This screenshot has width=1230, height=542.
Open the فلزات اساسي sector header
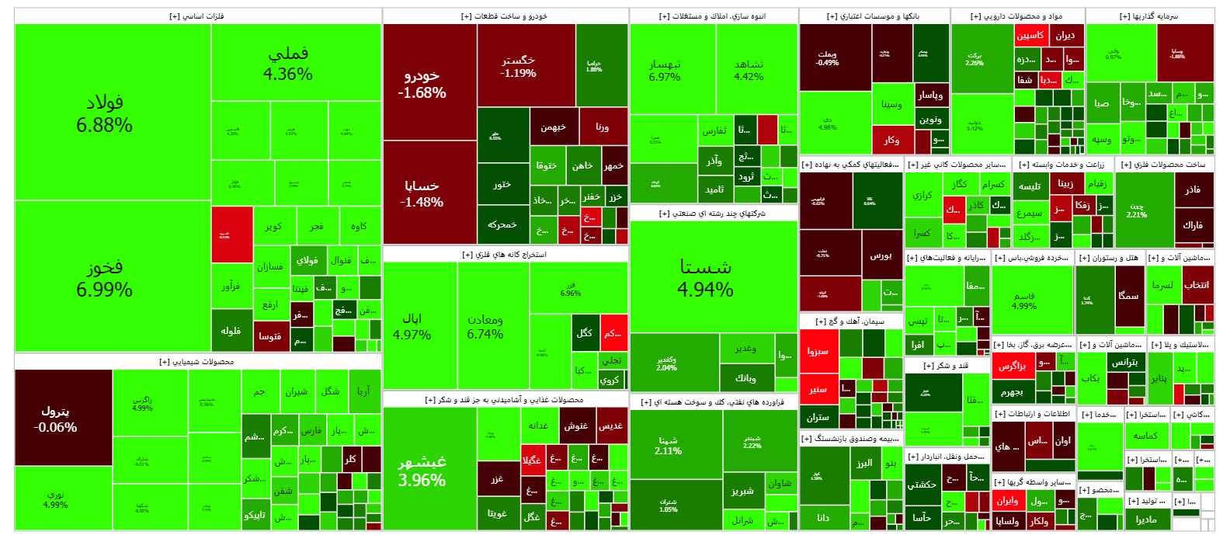tap(197, 16)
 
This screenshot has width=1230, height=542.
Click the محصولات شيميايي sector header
tap(197, 362)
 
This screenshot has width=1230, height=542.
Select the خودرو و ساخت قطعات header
tap(505, 16)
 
